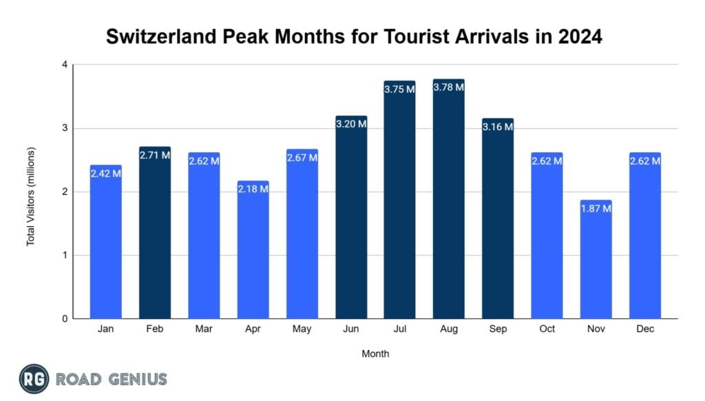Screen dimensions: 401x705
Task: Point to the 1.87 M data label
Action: [596, 208]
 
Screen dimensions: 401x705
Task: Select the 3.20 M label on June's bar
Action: [350, 124]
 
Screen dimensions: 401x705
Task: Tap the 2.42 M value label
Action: [105, 174]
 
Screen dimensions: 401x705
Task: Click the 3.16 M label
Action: [498, 126]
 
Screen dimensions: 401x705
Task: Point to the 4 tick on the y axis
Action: [64, 65]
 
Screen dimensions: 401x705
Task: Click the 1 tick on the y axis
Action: [64, 256]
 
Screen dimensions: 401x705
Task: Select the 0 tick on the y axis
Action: [64, 319]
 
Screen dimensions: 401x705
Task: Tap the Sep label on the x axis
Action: [498, 329]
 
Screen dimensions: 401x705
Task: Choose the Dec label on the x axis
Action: [645, 329]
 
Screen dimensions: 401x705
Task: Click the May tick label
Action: [302, 329]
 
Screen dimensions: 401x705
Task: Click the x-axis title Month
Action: [375, 354]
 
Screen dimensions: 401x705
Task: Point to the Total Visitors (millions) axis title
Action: [30, 197]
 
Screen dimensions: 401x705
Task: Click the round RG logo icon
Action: [34, 379]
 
